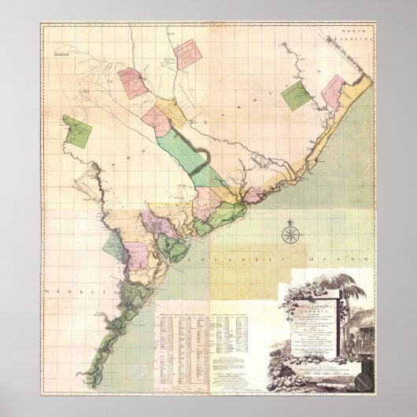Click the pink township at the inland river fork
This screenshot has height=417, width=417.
pos(134,82)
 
